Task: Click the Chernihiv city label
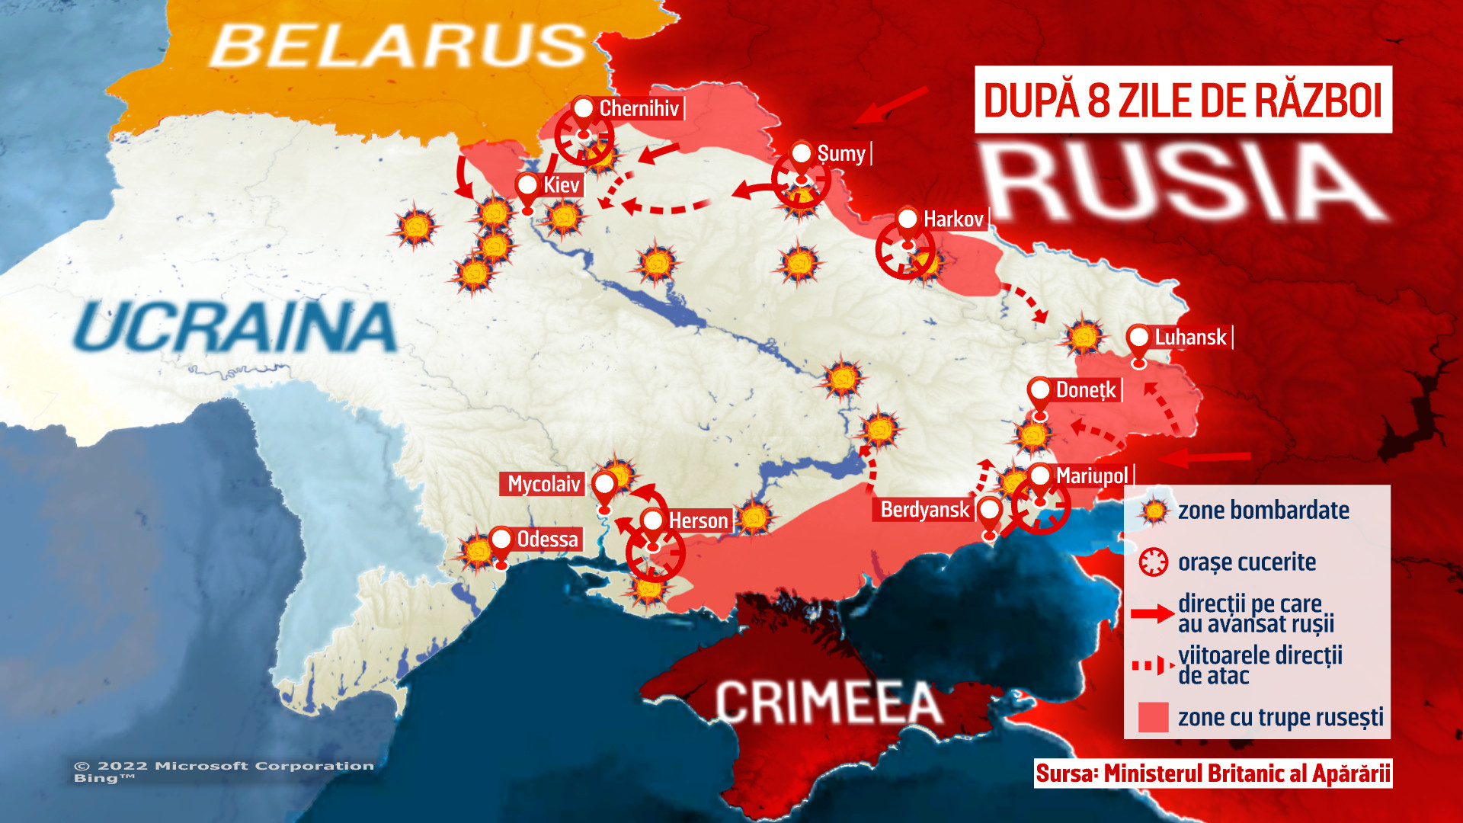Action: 639,109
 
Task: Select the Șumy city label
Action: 841,154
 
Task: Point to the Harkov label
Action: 952,219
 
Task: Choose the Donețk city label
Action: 1085,390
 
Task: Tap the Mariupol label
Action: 1091,476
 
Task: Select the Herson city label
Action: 698,521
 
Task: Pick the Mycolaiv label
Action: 543,484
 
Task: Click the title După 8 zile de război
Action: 1183,100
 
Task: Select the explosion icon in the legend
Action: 1154,511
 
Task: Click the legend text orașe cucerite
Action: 1247,562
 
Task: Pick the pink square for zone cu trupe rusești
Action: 1153,717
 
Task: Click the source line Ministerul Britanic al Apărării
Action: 1212,773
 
